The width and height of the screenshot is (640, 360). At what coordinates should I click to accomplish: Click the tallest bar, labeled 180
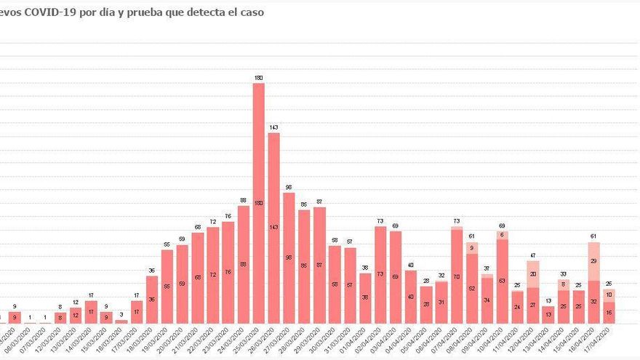point(258,204)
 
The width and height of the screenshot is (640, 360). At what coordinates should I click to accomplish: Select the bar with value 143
point(273,228)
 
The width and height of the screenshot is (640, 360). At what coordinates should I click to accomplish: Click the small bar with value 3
point(121,321)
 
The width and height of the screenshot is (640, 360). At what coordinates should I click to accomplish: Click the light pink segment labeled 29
point(593,261)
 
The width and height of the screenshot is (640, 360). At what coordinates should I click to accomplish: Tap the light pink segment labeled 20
point(532,274)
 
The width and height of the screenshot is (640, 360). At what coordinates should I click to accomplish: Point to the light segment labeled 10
point(609,295)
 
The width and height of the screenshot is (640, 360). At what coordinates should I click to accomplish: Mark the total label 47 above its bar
point(532,256)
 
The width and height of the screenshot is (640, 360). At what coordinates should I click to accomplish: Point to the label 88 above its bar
point(243,201)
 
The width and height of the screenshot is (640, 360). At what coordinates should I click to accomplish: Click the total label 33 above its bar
point(563,274)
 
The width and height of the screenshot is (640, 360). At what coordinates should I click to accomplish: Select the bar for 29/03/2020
point(319,265)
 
